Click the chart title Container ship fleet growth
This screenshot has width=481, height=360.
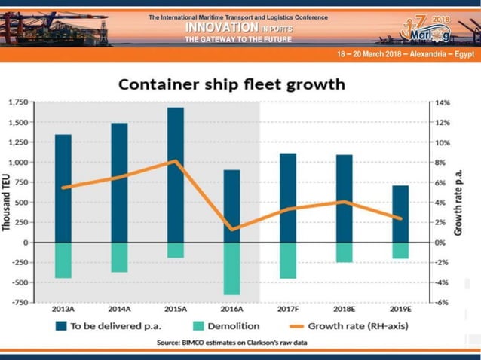[x=230, y=83]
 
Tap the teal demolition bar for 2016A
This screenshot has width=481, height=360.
[x=231, y=268]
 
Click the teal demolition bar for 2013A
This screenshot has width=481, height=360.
[x=63, y=260]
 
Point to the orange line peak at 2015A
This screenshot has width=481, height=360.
[x=175, y=161]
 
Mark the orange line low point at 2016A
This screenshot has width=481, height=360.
[x=231, y=229]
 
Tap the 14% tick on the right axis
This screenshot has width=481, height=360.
[x=442, y=102]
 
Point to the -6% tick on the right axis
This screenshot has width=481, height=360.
[x=442, y=302]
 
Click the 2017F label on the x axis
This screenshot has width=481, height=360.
[x=288, y=309]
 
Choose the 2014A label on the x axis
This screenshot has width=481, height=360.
[x=119, y=309]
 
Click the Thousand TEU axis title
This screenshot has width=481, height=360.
[x=7, y=202]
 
